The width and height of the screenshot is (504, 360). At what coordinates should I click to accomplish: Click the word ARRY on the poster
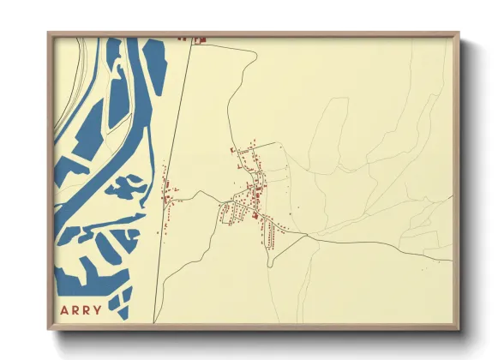point(81,309)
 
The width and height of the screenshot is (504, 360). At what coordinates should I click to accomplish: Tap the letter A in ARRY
point(63,309)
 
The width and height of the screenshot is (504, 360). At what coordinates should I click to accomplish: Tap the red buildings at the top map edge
point(196,39)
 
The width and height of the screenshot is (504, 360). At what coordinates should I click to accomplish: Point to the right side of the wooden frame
point(456,180)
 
